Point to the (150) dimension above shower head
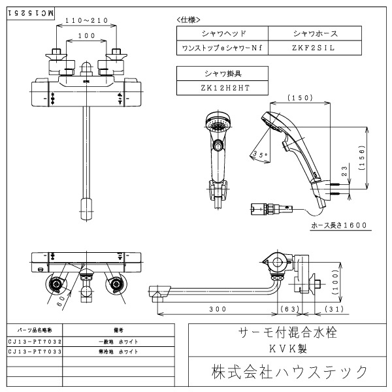(x=301, y=98)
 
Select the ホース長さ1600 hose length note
(x=339, y=225)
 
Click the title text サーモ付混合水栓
(x=288, y=333)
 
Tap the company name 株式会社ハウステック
(x=288, y=372)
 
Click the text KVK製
(x=288, y=349)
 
